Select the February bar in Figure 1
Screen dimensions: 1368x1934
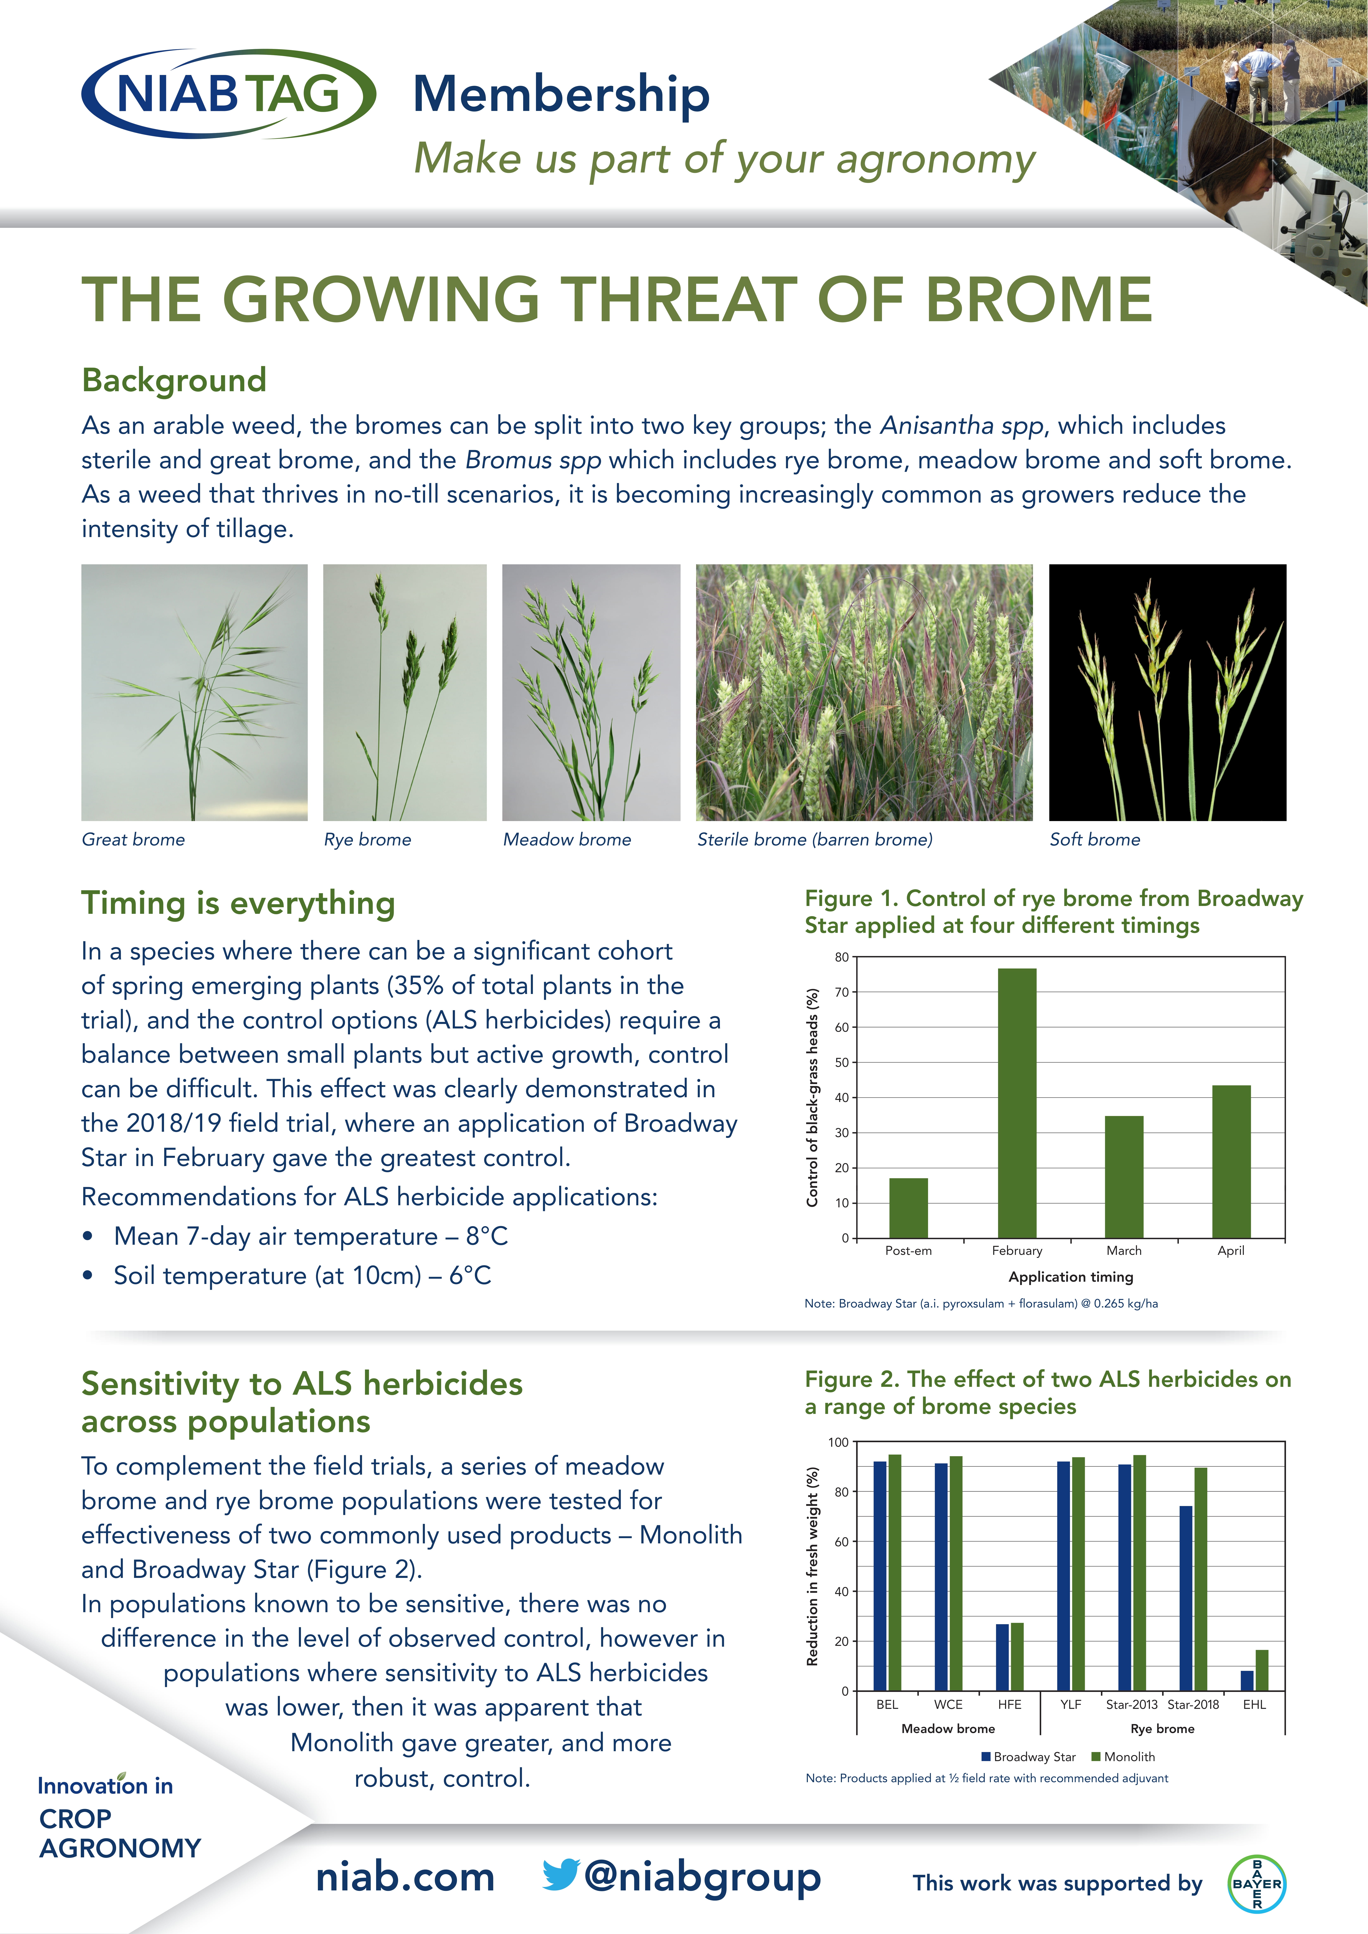1017,1103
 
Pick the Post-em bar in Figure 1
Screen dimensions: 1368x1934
908,1208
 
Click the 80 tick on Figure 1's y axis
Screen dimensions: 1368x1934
841,957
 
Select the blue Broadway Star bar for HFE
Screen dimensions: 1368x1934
1002,1657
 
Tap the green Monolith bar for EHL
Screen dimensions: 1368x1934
1261,1670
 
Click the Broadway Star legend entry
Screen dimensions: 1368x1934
1028,1756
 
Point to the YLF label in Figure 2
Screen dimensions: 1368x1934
1070,1704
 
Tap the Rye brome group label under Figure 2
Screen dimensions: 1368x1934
1162,1728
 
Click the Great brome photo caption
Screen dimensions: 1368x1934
133,839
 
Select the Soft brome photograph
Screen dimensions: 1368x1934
1167,692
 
